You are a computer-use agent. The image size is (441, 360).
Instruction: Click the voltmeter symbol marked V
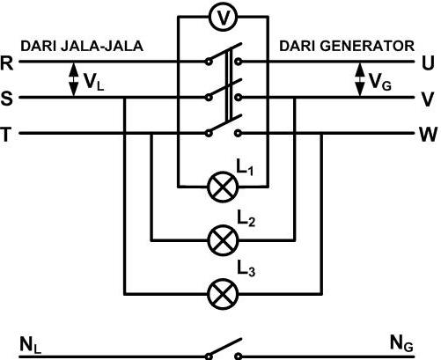224,17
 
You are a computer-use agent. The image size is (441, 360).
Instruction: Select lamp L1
223,187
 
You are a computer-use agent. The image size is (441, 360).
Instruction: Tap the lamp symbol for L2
223,240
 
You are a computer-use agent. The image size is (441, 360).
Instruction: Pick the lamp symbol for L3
223,294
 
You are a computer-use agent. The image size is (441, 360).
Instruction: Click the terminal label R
7,62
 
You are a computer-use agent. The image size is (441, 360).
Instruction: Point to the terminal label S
7,99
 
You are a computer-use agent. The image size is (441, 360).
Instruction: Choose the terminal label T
6,135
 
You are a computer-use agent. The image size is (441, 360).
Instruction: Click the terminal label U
428,62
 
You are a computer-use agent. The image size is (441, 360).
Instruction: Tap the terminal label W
429,135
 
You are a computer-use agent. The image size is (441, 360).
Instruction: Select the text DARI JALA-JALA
82,47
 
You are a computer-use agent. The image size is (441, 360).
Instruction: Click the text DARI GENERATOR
347,46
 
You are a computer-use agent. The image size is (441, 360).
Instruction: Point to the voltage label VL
93,82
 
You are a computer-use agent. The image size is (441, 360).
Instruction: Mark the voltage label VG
379,82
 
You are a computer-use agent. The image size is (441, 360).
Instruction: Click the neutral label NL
30,345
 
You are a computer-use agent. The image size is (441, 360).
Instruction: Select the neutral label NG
401,343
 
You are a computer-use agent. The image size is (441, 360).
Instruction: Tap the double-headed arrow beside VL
74,79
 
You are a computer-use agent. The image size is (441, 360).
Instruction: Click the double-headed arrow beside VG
360,79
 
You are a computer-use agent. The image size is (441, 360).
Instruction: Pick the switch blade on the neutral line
225,348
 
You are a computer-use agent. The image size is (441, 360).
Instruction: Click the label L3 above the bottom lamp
246,269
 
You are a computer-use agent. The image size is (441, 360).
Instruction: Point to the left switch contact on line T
209,134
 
